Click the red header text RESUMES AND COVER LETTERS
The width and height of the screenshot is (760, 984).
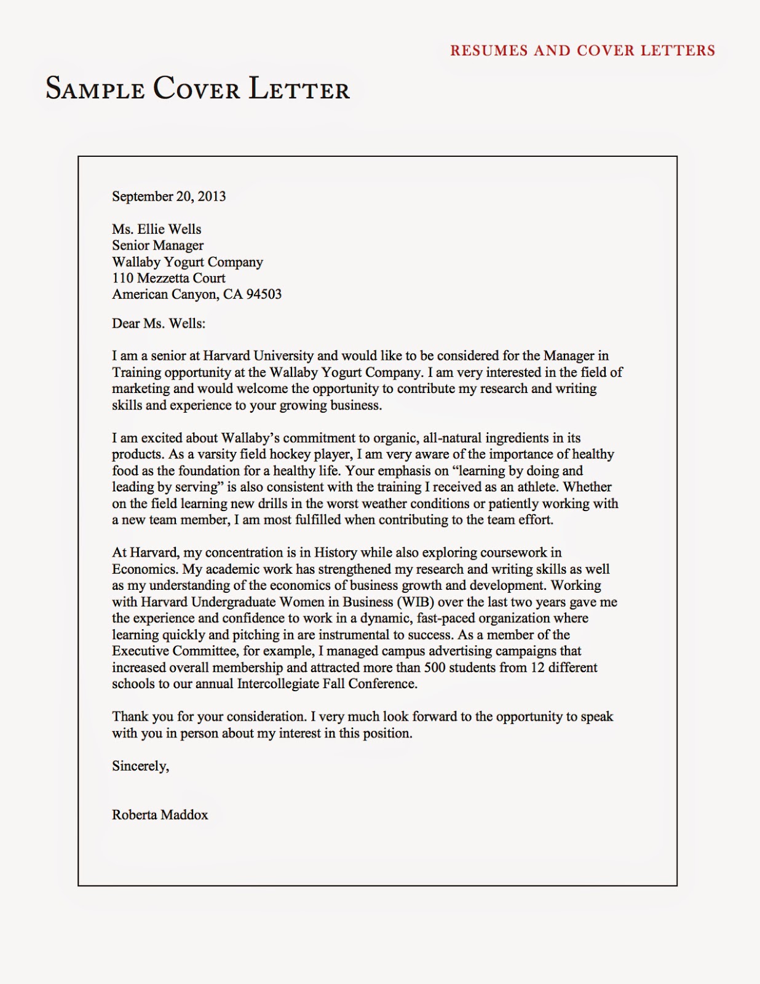tap(582, 50)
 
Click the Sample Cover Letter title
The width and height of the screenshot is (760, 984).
tap(197, 89)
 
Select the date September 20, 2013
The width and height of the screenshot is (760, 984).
tap(168, 196)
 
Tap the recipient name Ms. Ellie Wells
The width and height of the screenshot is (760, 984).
tap(156, 229)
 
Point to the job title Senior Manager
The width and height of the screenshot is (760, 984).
tap(157, 245)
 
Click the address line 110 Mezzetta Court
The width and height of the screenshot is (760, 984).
tap(168, 278)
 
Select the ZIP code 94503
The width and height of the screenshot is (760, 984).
tap(264, 294)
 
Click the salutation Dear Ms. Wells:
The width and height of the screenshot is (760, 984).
tap(159, 323)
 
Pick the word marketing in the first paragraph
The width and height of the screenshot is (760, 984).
tap(140, 389)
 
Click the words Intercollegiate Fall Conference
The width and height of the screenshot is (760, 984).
tap(327, 684)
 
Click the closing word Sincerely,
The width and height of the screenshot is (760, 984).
tap(140, 766)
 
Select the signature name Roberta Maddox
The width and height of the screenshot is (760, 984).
tap(160, 815)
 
